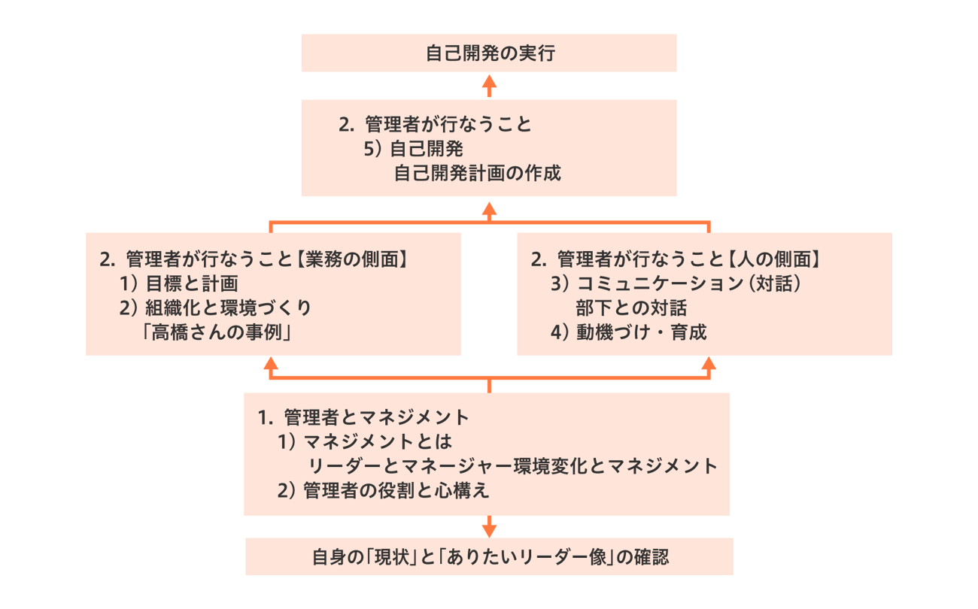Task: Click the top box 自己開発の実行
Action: click(x=489, y=53)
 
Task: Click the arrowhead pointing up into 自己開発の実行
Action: click(x=489, y=82)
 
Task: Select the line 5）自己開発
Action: click(x=413, y=149)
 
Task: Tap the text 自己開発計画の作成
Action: click(x=477, y=173)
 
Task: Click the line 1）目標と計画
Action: click(x=179, y=283)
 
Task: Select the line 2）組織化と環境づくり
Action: click(x=215, y=308)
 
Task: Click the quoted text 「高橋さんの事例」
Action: click(x=217, y=332)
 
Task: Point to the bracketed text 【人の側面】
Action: click(x=773, y=259)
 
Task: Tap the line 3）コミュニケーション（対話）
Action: click(x=676, y=283)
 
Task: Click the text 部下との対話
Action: click(x=631, y=308)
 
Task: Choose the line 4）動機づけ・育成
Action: click(x=629, y=332)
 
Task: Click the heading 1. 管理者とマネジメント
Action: click(x=363, y=417)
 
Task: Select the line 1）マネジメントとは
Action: click(x=365, y=442)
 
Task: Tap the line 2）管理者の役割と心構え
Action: click(x=384, y=491)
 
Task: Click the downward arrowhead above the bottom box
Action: click(x=489, y=531)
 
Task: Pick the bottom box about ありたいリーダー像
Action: click(x=489, y=556)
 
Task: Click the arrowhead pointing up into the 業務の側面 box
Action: click(x=271, y=364)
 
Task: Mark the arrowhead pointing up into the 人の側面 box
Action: click(x=709, y=364)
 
